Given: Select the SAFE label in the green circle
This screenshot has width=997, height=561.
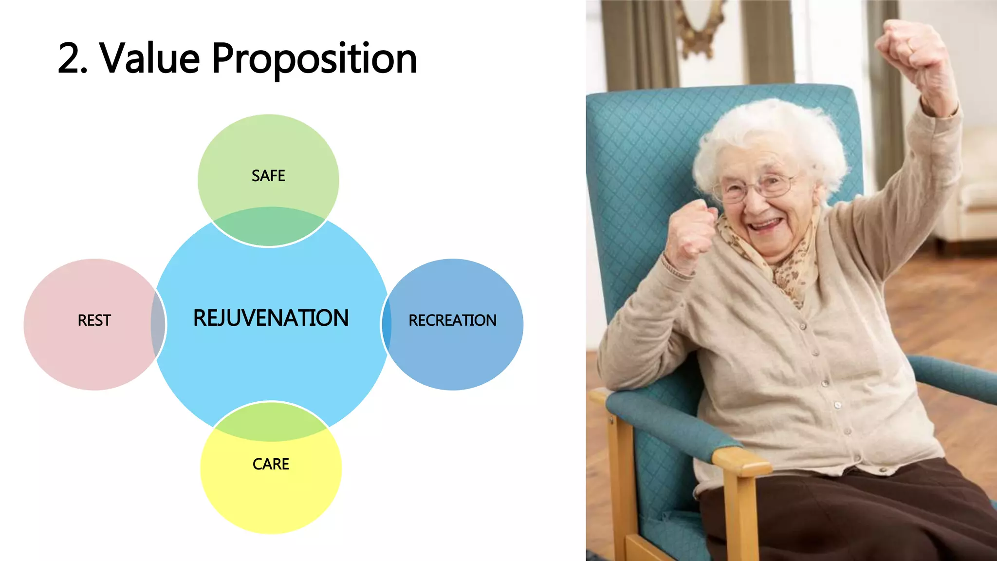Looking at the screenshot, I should pyautogui.click(x=268, y=176).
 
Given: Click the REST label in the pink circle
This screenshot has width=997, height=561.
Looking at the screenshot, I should pyautogui.click(x=94, y=320).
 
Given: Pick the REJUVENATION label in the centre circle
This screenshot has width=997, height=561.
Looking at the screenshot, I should pyautogui.click(x=271, y=318).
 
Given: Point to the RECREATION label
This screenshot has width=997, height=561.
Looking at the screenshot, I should pyautogui.click(x=452, y=320).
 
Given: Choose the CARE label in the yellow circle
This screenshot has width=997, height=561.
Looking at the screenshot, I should pyautogui.click(x=271, y=464).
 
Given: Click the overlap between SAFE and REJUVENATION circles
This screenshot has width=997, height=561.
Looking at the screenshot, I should pyautogui.click(x=270, y=227).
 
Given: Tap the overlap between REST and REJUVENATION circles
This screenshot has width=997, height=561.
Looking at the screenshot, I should pyautogui.click(x=158, y=324).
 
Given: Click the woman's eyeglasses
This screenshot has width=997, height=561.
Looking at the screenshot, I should pyautogui.click(x=759, y=187).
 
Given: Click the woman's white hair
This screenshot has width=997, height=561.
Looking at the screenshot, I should pyautogui.click(x=774, y=131).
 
